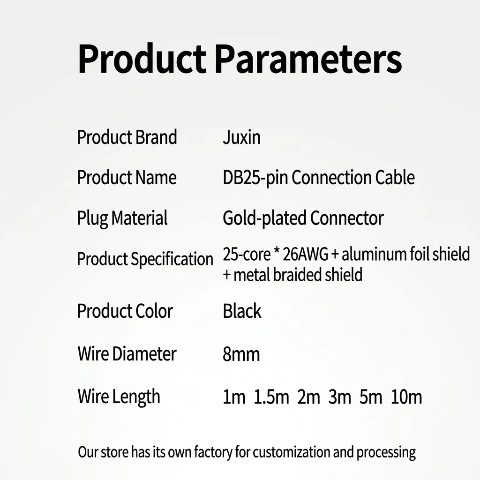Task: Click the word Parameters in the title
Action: point(308,59)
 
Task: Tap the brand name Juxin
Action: point(242,137)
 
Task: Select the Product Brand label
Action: point(127,137)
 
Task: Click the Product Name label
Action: point(127,177)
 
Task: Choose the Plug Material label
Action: point(122,218)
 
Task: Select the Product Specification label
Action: point(145,259)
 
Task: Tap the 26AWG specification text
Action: point(305,254)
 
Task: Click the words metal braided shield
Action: point(298,274)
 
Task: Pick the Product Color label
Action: point(125,311)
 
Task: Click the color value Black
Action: point(242,311)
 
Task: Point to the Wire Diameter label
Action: point(127,354)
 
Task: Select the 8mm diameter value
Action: point(241,354)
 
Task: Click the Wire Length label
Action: point(119,397)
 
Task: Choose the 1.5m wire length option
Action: point(271,397)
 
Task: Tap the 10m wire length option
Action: point(406,397)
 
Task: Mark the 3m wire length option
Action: point(340,397)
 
